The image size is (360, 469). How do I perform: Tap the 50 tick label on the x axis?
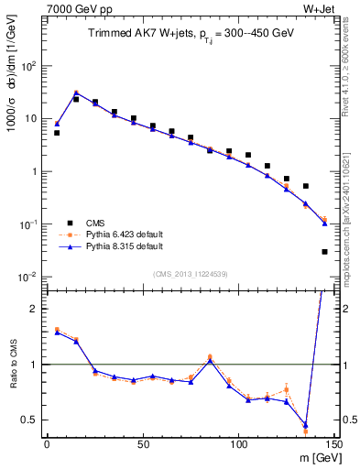(x=142, y=444)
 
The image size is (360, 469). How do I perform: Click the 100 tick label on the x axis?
(x=238, y=444)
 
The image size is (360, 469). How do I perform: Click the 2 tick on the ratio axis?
(x=32, y=309)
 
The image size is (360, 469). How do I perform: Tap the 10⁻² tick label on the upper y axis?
(x=27, y=277)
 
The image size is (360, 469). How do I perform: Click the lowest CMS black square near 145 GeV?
(x=325, y=251)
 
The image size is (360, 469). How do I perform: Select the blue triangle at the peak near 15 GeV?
(x=76, y=93)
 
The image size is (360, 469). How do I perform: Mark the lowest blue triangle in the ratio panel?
(x=306, y=425)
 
